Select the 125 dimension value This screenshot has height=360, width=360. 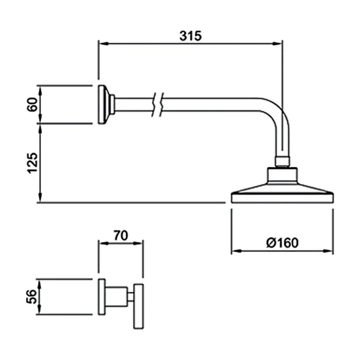click(31, 162)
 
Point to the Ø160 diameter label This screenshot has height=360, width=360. click(282, 243)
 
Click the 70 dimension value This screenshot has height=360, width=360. click(121, 235)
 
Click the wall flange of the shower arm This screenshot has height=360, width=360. click(102, 104)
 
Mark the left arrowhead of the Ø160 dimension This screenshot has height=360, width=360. click(234, 252)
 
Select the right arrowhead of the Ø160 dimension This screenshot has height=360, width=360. click(330, 252)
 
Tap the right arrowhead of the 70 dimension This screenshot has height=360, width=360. click(140, 243)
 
